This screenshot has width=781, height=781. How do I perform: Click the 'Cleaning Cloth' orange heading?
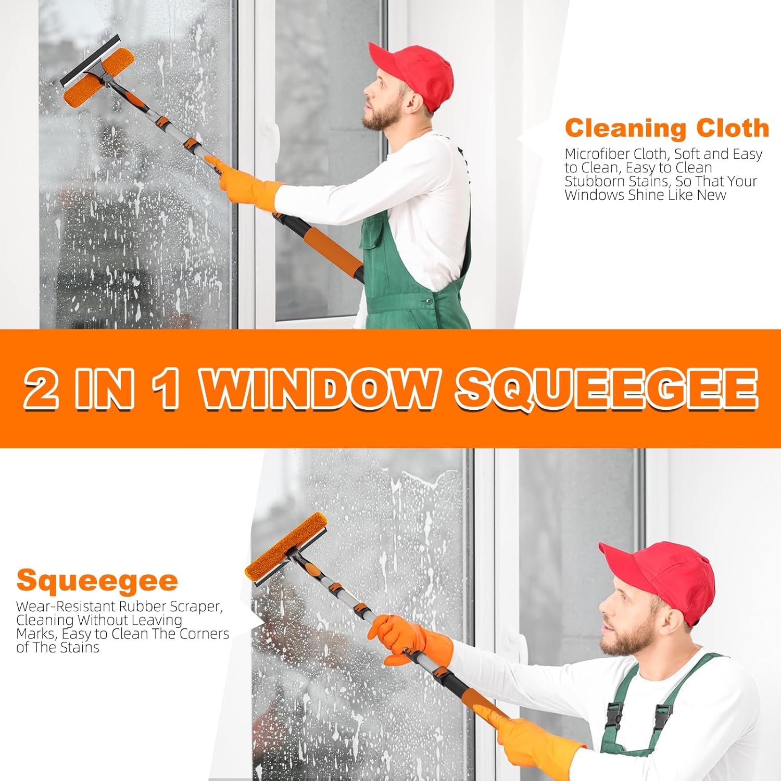tap(666, 128)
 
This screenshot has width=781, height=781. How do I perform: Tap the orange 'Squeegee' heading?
tap(97, 581)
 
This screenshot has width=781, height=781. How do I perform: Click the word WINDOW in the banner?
tap(319, 389)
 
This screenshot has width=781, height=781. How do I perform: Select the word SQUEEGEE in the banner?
tap(607, 389)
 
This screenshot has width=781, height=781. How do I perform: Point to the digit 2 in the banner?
tap(42, 389)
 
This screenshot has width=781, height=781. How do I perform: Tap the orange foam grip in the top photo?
tap(333, 250)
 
